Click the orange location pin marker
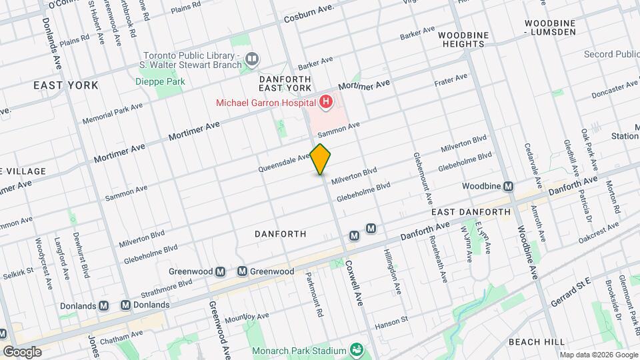(x=321, y=159)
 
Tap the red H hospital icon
(x=326, y=102)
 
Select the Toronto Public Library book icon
(x=252, y=59)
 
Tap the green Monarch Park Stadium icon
(x=357, y=351)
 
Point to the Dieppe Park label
(x=159, y=81)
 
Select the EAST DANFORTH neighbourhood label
(x=471, y=212)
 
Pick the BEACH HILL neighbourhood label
(x=537, y=341)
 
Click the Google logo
(x=22, y=351)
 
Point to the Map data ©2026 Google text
(x=597, y=355)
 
